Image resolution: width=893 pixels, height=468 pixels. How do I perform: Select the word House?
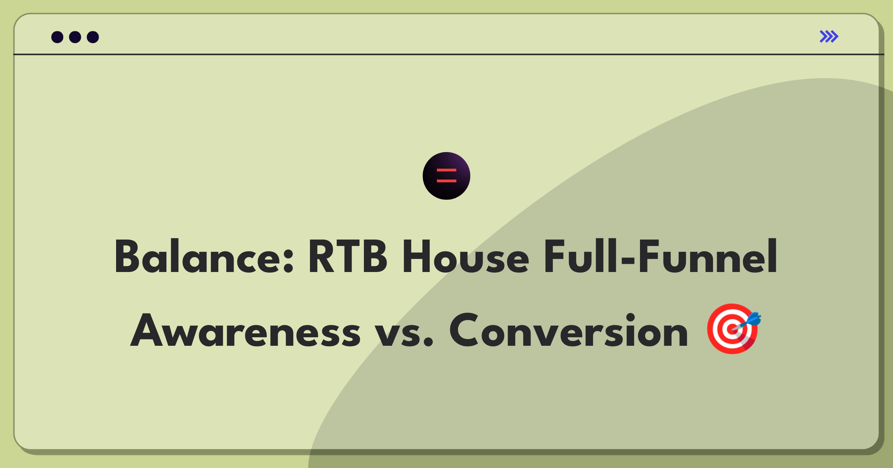tap(465, 257)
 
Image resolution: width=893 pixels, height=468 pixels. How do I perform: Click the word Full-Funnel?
tap(660, 257)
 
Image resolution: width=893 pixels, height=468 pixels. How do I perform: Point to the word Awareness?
tap(246, 331)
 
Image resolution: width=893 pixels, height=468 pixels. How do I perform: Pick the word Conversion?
tap(569, 331)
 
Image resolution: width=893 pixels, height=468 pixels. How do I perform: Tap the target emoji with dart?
tap(732, 329)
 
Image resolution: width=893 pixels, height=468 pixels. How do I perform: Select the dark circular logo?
tap(446, 176)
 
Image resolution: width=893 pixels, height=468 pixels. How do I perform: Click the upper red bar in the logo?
tap(446, 170)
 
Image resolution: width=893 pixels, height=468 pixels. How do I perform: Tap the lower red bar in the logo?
tap(446, 181)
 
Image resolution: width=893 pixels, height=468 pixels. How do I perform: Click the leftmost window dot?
tap(57, 37)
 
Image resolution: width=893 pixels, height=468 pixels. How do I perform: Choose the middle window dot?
tap(75, 37)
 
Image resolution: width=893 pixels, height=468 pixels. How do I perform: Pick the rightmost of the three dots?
tap(93, 37)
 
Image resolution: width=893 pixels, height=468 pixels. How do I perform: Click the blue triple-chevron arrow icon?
tap(829, 36)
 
